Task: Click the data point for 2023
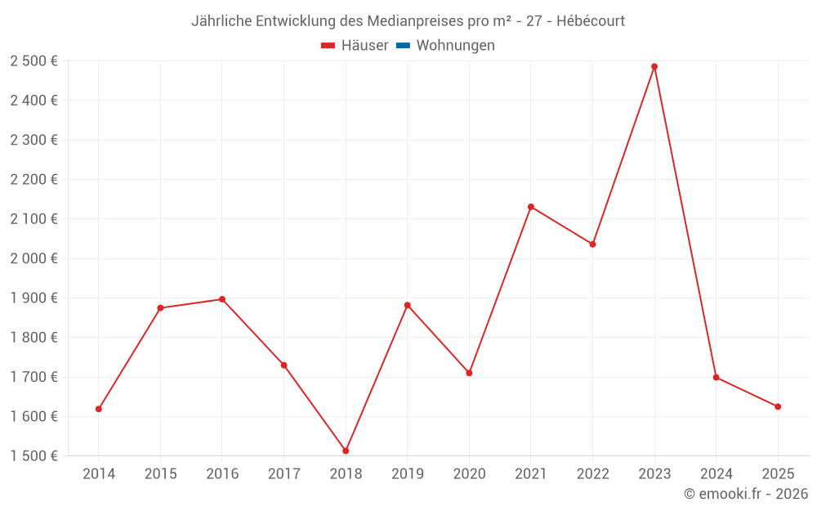click(654, 66)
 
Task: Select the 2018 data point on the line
click(346, 450)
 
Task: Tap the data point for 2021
click(531, 207)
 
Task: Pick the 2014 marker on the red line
click(99, 409)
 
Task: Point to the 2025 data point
click(778, 406)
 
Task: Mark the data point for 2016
click(222, 299)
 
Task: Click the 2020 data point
click(469, 373)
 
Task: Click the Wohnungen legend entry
click(455, 46)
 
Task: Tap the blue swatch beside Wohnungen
click(403, 46)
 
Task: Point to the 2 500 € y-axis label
click(33, 61)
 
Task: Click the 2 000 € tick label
click(33, 258)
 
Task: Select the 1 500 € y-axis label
click(33, 456)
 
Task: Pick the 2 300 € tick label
click(33, 140)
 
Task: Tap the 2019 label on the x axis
click(408, 473)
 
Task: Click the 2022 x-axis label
click(592, 473)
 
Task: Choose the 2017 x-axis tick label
click(283, 473)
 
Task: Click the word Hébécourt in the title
click(591, 21)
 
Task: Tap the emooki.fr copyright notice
click(746, 494)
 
